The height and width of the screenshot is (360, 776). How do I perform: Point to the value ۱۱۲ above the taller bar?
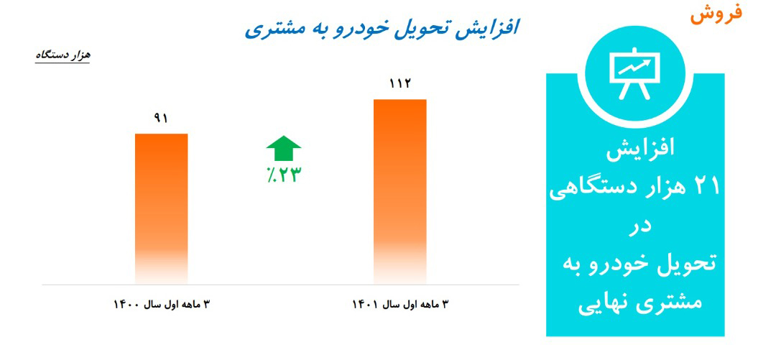(x=399, y=84)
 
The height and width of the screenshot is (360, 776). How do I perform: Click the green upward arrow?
(x=283, y=148)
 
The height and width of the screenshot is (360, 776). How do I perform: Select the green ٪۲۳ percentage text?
(x=282, y=175)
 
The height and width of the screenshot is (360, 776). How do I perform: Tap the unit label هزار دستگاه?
(x=63, y=55)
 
